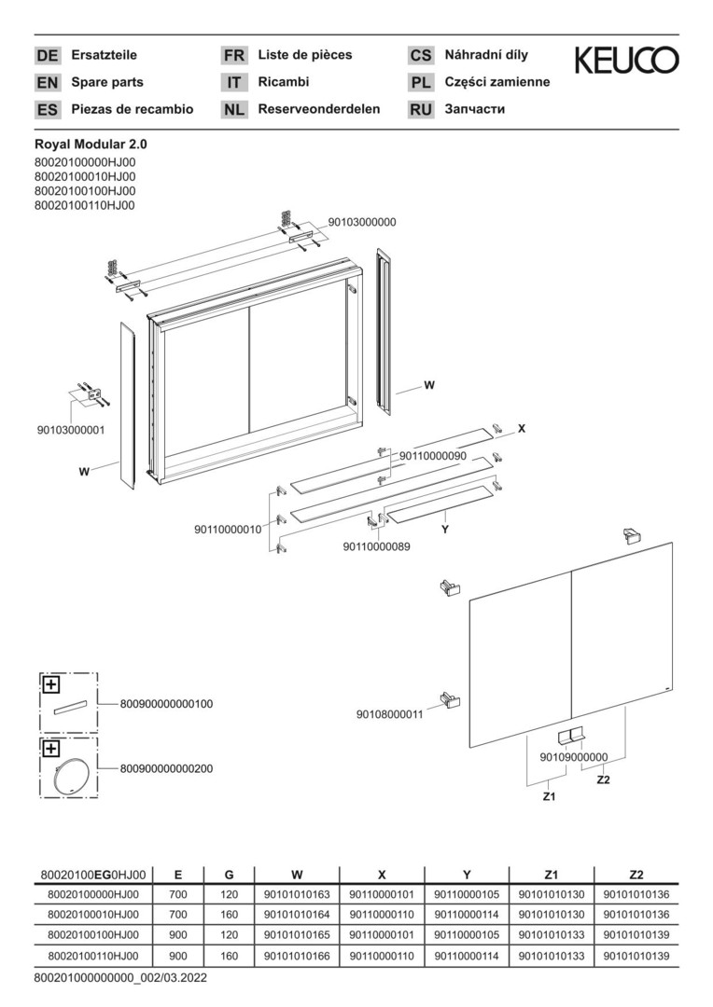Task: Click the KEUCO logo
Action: (x=626, y=61)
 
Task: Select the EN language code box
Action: (x=47, y=82)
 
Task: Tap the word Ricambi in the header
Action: (x=284, y=81)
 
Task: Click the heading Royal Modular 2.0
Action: (x=91, y=145)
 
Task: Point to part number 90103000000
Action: (x=362, y=222)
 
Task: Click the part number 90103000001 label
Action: (x=70, y=430)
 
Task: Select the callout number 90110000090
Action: (x=433, y=456)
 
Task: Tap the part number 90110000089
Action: (x=376, y=546)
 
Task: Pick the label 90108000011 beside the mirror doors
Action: (x=389, y=714)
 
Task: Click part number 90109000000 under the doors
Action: (x=574, y=757)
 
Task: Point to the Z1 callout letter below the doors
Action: (x=549, y=796)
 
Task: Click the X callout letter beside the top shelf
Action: (x=522, y=428)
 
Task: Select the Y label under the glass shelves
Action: (x=444, y=531)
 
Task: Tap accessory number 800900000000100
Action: (x=166, y=704)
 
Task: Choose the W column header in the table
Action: (x=297, y=875)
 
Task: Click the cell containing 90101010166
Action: (x=297, y=956)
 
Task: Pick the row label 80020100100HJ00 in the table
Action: (x=93, y=935)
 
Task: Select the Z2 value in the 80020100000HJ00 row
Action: (x=636, y=894)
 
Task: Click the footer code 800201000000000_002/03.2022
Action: (x=121, y=978)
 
